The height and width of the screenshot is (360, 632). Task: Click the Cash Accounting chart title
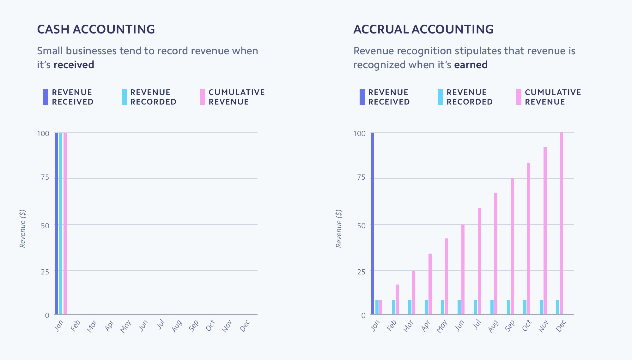[96, 29]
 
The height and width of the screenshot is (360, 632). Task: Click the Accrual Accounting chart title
[423, 29]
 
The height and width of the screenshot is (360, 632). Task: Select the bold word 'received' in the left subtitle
[74, 65]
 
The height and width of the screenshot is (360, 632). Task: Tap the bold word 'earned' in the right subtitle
[471, 65]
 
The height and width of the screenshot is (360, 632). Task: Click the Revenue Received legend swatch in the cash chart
[46, 97]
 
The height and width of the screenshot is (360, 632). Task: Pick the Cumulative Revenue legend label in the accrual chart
[553, 97]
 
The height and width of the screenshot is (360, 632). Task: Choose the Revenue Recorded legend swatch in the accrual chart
[441, 97]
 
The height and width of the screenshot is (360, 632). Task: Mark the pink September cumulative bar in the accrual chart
[512, 246]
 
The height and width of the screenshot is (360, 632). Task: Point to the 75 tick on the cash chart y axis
[45, 177]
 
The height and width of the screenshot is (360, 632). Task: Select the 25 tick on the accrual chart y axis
[361, 272]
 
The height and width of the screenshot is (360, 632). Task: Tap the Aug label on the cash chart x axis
[177, 326]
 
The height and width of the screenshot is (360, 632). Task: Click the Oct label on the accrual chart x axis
[527, 326]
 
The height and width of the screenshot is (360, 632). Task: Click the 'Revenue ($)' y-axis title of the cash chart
[22, 229]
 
